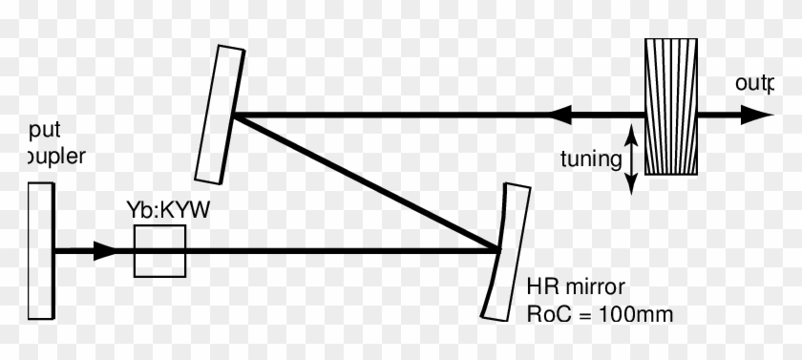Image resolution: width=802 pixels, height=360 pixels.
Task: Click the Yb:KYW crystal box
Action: pyautogui.click(x=159, y=252)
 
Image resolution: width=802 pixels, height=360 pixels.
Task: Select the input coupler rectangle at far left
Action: pyautogui.click(x=40, y=250)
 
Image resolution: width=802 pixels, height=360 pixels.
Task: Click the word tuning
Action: pyautogui.click(x=591, y=159)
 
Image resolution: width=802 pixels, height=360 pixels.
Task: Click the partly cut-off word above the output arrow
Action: pyautogui.click(x=753, y=84)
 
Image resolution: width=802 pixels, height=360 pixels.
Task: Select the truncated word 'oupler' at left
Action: pyautogui.click(x=43, y=155)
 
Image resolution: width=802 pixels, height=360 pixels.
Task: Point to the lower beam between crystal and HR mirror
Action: pyautogui.click(x=344, y=252)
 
